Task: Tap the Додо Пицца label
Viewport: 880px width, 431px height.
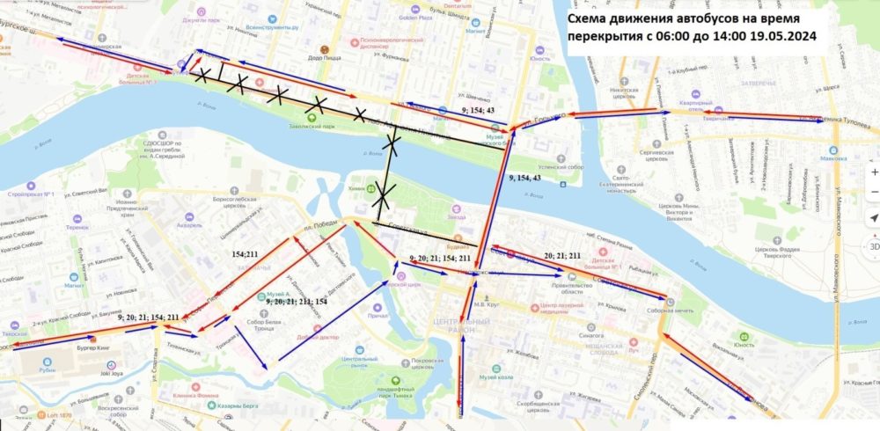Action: (327, 58)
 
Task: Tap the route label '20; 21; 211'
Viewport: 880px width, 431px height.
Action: (563, 256)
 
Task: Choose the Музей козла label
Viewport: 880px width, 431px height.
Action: (495, 376)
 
